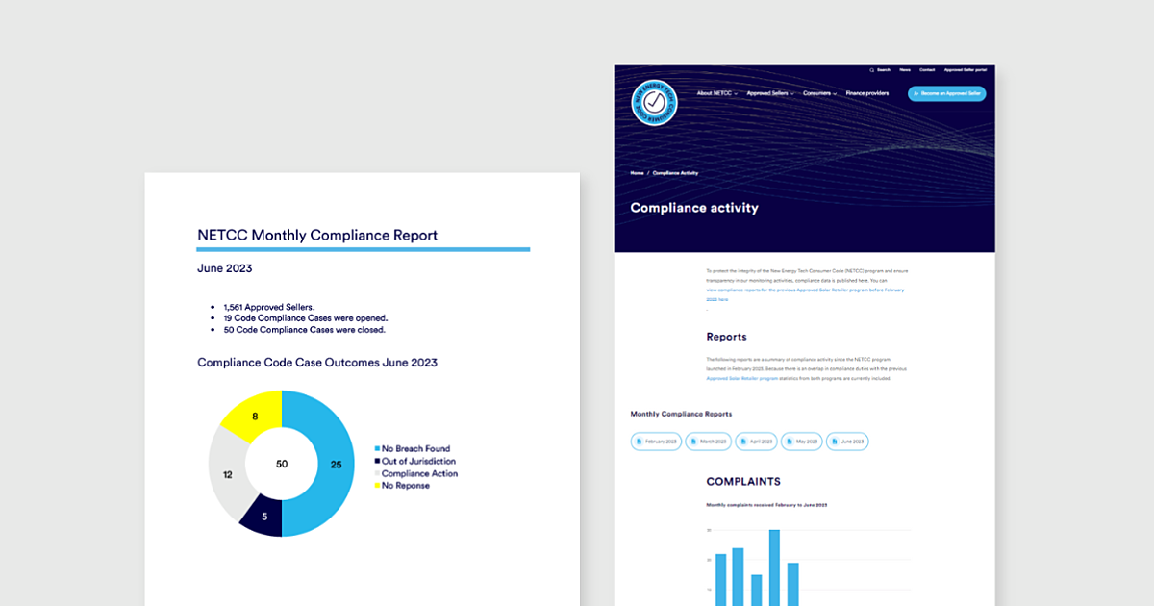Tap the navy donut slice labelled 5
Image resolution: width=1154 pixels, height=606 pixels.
pyautogui.click(x=263, y=516)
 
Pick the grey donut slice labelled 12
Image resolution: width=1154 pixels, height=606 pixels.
pyautogui.click(x=228, y=474)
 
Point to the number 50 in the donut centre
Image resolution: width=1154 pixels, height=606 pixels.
pyautogui.click(x=282, y=464)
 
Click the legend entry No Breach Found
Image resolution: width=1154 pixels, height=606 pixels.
pyautogui.click(x=414, y=449)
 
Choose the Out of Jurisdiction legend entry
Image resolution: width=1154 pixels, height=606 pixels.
pyautogui.click(x=417, y=462)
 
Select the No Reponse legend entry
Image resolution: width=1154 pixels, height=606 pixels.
pyautogui.click(x=405, y=486)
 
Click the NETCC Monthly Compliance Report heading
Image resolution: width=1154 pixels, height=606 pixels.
pyautogui.click(x=317, y=235)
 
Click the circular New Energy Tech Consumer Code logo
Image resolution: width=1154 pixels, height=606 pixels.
pyautogui.click(x=655, y=103)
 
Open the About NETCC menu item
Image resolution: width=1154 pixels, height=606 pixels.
pyautogui.click(x=715, y=93)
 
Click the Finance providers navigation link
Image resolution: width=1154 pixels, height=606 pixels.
pyautogui.click(x=867, y=93)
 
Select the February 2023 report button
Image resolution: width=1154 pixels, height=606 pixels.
pyautogui.click(x=656, y=442)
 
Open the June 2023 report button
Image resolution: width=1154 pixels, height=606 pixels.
pyautogui.click(x=846, y=442)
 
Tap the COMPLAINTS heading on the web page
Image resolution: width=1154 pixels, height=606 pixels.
pyautogui.click(x=743, y=481)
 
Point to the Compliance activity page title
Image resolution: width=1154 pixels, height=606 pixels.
pyautogui.click(x=694, y=208)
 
